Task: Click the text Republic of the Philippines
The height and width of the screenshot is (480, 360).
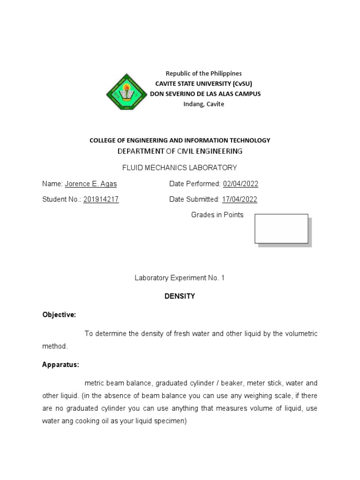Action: coord(204,74)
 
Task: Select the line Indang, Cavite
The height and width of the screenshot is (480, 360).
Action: coord(204,104)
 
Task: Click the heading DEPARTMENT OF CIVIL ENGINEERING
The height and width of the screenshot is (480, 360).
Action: coord(180,151)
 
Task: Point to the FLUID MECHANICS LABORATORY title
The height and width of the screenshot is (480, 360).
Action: coord(180,167)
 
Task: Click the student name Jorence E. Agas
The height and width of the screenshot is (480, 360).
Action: coord(91,184)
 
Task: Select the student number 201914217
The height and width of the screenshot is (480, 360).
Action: coord(101,199)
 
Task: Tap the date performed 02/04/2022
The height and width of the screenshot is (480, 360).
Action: coord(240,184)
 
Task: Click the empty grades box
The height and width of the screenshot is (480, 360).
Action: coord(281,229)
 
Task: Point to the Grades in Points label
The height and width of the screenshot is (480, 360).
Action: coord(217,215)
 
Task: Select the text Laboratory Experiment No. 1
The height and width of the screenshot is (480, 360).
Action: coord(180,278)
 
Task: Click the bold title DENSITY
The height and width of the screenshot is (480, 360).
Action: coord(180,296)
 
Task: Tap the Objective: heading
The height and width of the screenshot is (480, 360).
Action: coord(59,315)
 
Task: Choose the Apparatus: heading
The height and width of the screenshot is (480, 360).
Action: coord(60,364)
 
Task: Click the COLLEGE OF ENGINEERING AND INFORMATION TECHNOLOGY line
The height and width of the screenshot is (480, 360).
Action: coord(180,140)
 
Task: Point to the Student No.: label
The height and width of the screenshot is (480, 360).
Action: coord(61,199)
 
